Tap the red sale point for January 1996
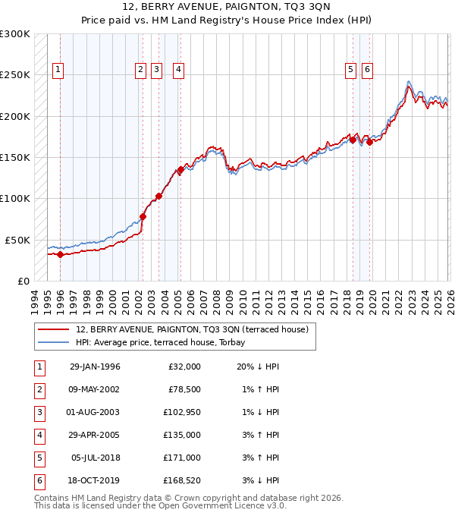click(x=60, y=254)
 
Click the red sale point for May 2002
click(x=143, y=216)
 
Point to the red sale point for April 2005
click(x=180, y=170)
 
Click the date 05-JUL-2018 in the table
click(x=95, y=458)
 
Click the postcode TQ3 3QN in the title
click(x=284, y=9)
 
